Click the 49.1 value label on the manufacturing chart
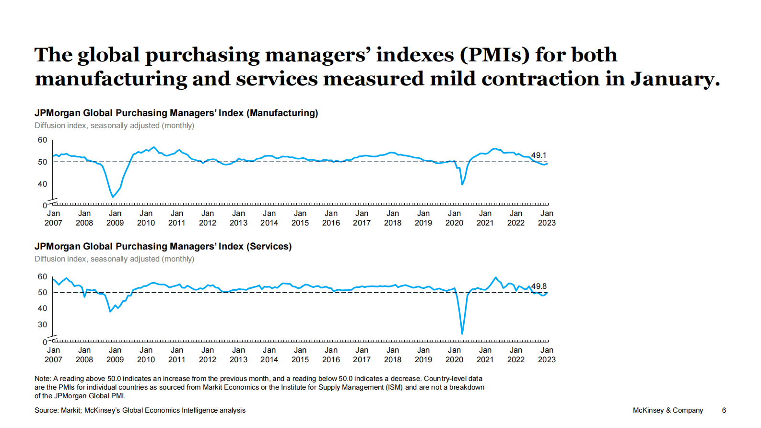point(539,155)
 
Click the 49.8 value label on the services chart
point(539,286)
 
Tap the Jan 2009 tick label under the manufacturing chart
point(115,218)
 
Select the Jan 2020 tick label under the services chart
point(454,355)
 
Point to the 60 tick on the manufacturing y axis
point(43,140)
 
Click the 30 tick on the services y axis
point(43,325)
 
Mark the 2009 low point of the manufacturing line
point(113,197)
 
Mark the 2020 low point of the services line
point(462,333)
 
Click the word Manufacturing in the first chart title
point(283,113)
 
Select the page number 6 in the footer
point(724,410)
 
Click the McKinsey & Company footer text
point(667,410)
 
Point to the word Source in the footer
point(46,410)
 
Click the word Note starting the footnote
point(42,379)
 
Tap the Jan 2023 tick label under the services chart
point(547,355)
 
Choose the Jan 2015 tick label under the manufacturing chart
point(300,218)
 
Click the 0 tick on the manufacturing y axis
point(45,206)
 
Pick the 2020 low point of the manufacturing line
point(462,184)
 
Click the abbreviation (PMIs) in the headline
point(494,55)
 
